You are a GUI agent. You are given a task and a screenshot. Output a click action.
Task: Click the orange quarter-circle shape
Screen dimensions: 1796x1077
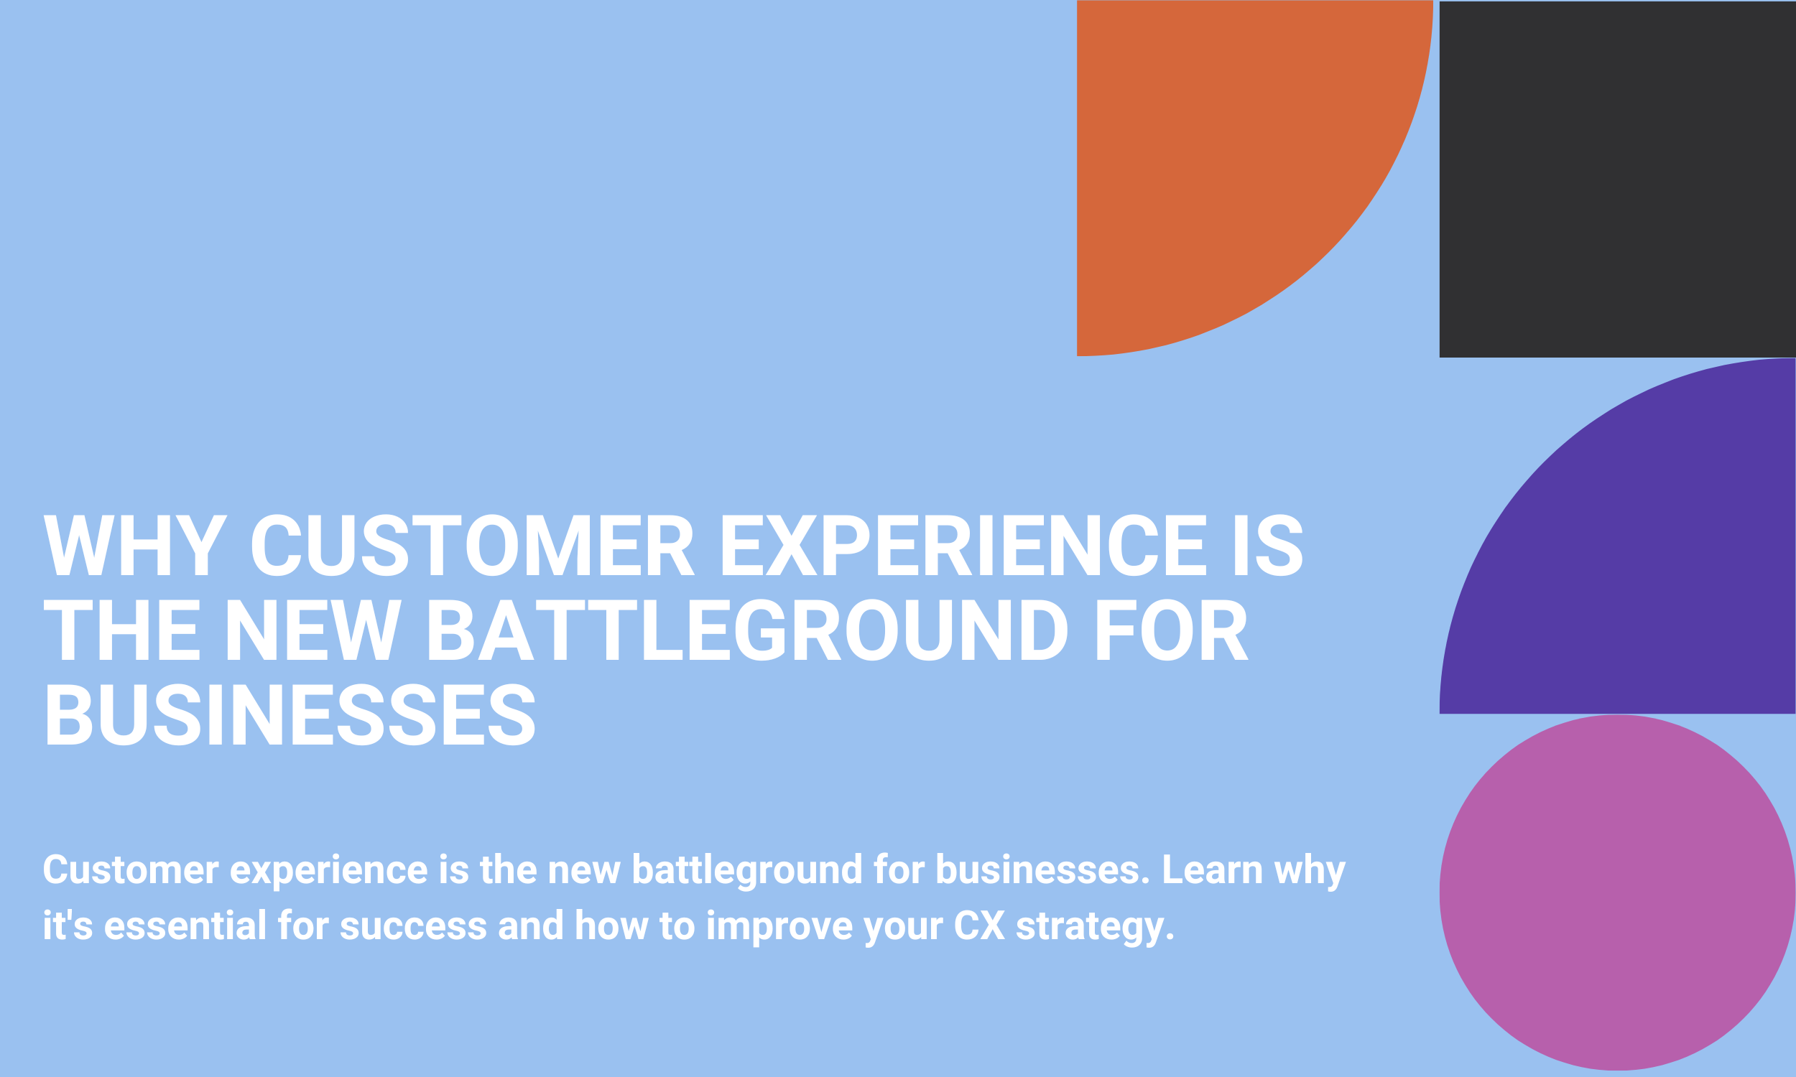[1220, 145]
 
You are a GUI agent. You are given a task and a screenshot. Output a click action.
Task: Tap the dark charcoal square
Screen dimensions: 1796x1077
[1617, 179]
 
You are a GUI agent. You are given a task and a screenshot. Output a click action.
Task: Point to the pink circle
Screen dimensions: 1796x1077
[1617, 892]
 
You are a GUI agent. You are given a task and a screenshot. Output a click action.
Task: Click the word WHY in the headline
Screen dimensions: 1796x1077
[136, 545]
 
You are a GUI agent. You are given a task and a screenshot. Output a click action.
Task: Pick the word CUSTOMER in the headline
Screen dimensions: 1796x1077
[473, 545]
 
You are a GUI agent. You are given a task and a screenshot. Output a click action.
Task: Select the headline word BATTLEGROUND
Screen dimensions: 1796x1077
[748, 629]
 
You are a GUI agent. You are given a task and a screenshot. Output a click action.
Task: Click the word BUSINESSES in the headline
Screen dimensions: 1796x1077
[290, 714]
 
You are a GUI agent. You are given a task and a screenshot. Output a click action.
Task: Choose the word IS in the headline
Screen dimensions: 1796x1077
[1268, 545]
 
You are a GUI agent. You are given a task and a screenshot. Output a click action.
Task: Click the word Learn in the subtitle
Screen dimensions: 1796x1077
[1213, 869]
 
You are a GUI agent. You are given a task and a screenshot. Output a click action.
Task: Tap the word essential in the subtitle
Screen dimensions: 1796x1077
[185, 926]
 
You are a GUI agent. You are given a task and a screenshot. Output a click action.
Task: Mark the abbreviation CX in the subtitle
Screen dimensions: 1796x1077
[979, 926]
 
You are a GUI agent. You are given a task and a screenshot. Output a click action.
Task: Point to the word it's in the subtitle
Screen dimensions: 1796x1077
[68, 926]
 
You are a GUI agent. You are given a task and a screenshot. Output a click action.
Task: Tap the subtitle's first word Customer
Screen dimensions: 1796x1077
[131, 869]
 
